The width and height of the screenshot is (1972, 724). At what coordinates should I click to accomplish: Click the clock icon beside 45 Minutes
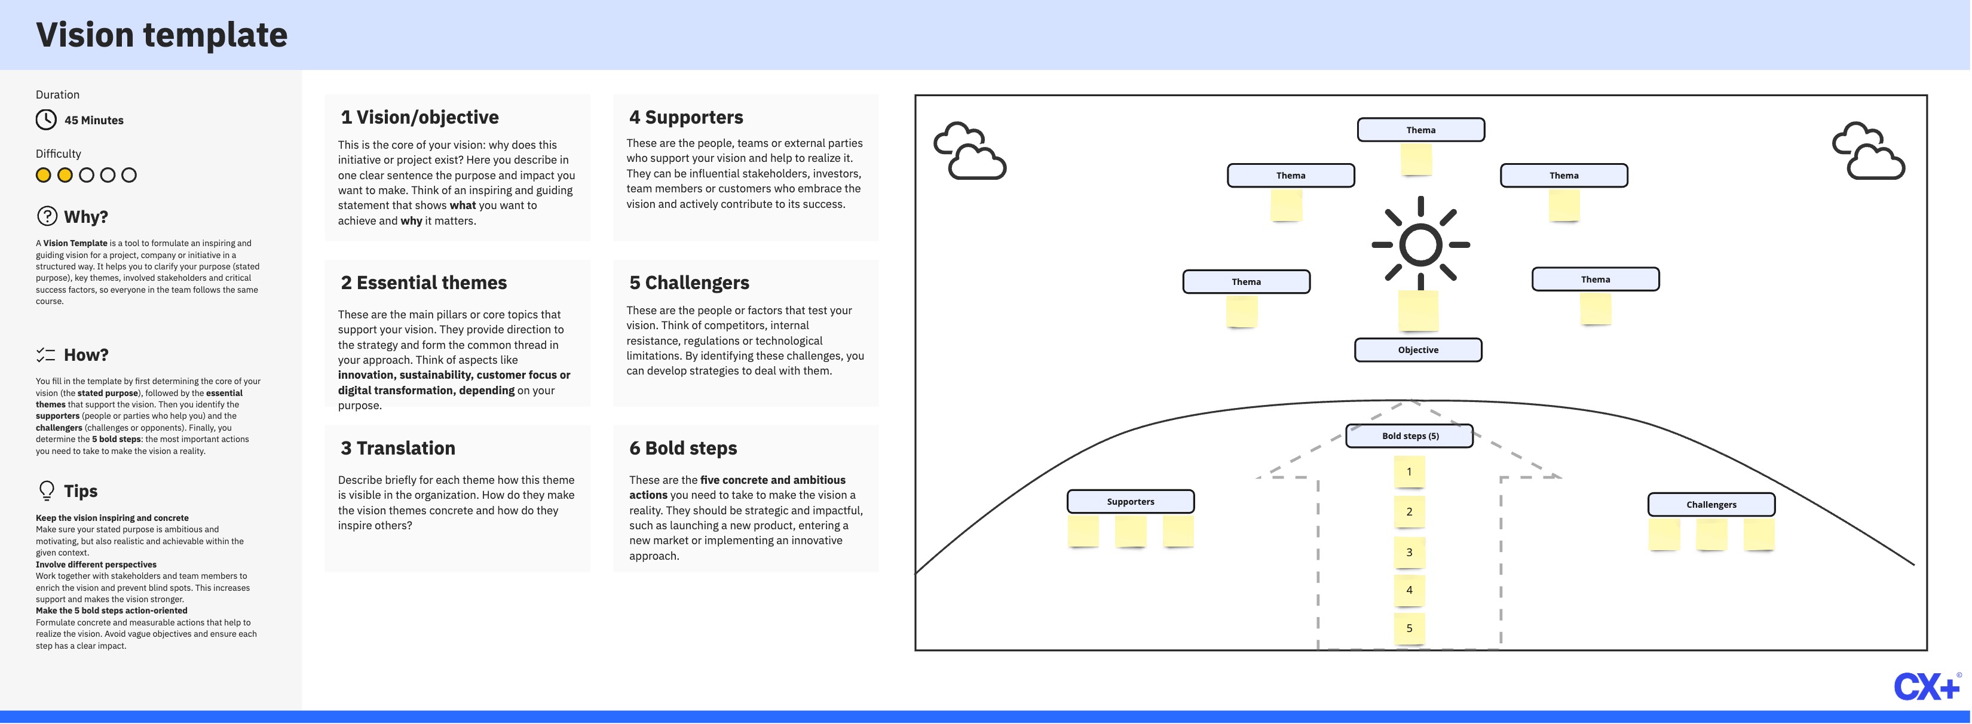pyautogui.click(x=46, y=119)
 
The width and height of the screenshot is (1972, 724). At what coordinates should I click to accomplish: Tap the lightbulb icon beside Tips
pyautogui.click(x=47, y=490)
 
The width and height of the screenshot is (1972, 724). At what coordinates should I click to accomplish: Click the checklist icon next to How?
pyautogui.click(x=46, y=354)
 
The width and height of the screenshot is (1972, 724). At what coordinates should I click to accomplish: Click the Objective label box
pyautogui.click(x=1418, y=350)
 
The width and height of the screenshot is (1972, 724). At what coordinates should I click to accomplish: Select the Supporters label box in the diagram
pyautogui.click(x=1130, y=501)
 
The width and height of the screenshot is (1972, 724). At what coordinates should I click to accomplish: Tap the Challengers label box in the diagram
pyautogui.click(x=1711, y=504)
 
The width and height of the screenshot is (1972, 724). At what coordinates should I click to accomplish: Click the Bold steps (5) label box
pyautogui.click(x=1409, y=435)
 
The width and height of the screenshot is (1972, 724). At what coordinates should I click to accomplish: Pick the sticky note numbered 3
pyautogui.click(x=1409, y=552)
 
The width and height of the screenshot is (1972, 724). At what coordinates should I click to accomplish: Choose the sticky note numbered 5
pyautogui.click(x=1409, y=628)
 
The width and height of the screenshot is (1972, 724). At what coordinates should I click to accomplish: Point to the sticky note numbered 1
pyautogui.click(x=1409, y=471)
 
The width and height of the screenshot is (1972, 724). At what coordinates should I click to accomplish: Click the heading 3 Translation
pyautogui.click(x=397, y=447)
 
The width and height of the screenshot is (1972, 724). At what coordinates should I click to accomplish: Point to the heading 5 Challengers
pyautogui.click(x=689, y=283)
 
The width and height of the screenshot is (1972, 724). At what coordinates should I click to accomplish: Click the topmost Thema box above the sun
pyautogui.click(x=1421, y=130)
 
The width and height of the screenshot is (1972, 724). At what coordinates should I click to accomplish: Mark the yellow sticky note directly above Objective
pyautogui.click(x=1418, y=310)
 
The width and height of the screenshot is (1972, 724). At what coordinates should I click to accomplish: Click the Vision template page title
pyautogui.click(x=161, y=35)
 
